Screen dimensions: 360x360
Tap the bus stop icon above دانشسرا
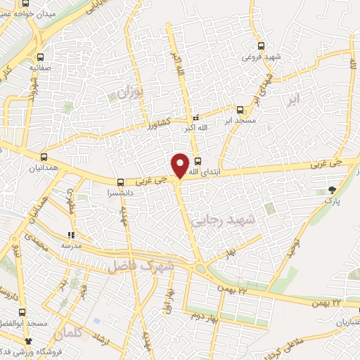click(x=121, y=182)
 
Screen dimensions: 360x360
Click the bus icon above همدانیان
click(x=45, y=157)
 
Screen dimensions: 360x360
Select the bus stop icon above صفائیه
click(x=40, y=58)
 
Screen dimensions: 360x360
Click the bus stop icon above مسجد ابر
click(x=240, y=110)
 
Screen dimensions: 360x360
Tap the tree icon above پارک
click(x=331, y=190)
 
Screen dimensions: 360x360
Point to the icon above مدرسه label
click(x=70, y=235)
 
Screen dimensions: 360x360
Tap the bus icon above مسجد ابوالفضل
click(x=23, y=311)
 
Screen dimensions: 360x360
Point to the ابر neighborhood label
click(x=292, y=99)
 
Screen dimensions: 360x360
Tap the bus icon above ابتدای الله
click(x=197, y=160)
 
